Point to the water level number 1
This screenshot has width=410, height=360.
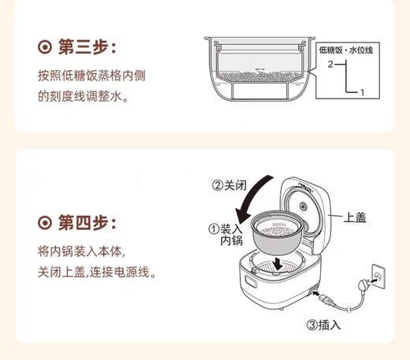tap(361, 93)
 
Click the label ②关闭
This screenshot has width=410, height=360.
tap(229, 187)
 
